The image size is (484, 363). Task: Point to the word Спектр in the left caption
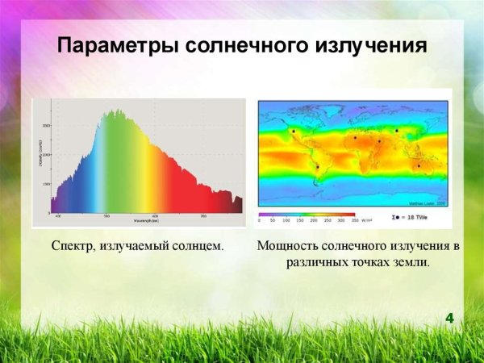(x=73, y=244)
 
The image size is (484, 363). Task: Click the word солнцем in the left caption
(x=197, y=244)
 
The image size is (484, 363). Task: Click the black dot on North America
(x=294, y=131)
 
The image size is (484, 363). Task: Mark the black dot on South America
(x=318, y=167)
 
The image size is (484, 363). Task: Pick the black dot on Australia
(x=418, y=166)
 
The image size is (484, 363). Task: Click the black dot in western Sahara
(x=355, y=138)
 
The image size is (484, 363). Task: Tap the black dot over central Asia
(x=397, y=130)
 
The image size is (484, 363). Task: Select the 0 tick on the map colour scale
(x=260, y=219)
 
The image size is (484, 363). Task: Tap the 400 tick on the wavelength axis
(x=57, y=216)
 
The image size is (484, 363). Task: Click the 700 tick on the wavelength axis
(x=202, y=216)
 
